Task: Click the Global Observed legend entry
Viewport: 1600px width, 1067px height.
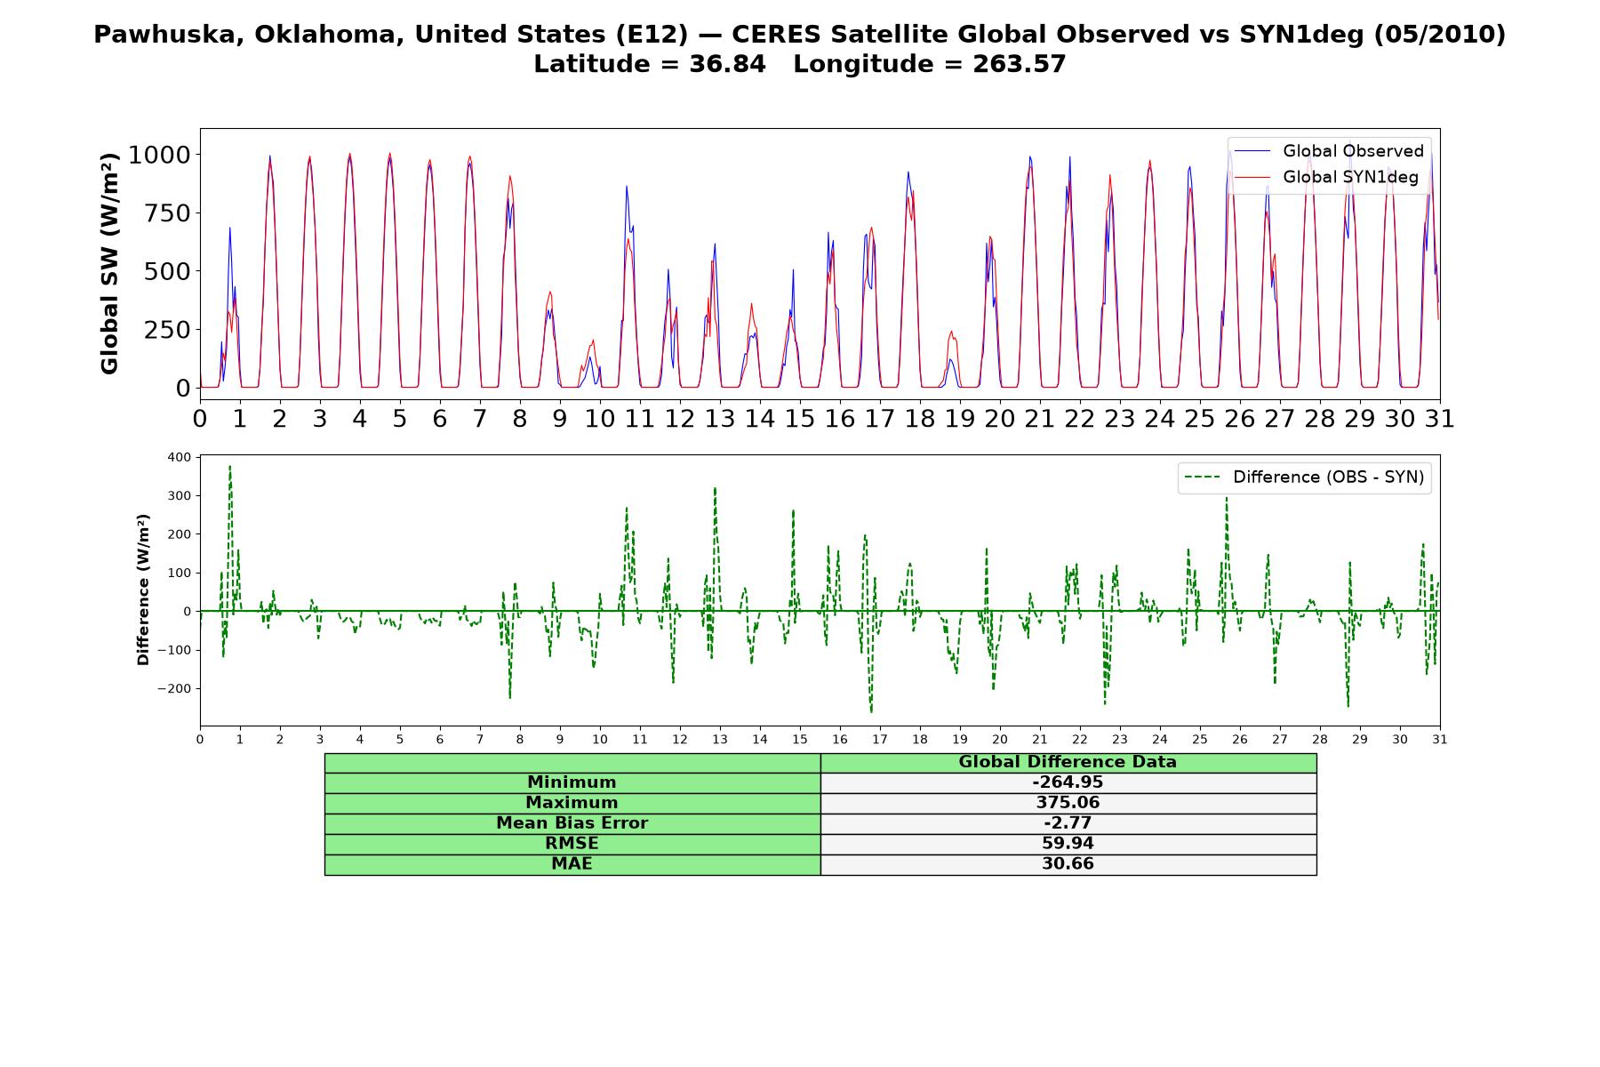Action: [1329, 151]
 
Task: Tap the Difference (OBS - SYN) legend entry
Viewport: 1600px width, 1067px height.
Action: [1305, 477]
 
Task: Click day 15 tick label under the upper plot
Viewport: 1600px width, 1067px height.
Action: [800, 418]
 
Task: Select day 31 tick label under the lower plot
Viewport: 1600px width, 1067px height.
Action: [1440, 739]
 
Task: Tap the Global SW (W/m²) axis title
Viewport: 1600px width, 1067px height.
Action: [109, 263]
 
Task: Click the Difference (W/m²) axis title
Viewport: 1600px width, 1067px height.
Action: [143, 590]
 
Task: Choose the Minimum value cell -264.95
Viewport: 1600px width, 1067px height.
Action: [1068, 782]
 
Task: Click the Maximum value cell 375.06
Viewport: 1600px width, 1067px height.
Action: [1068, 803]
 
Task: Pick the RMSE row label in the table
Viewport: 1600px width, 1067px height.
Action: [572, 844]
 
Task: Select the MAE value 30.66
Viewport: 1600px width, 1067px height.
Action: [1068, 864]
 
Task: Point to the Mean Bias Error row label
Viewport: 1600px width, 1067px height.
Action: [572, 823]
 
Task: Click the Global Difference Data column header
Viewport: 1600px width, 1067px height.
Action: [1068, 762]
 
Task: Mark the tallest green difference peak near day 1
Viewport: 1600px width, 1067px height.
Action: [229, 467]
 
